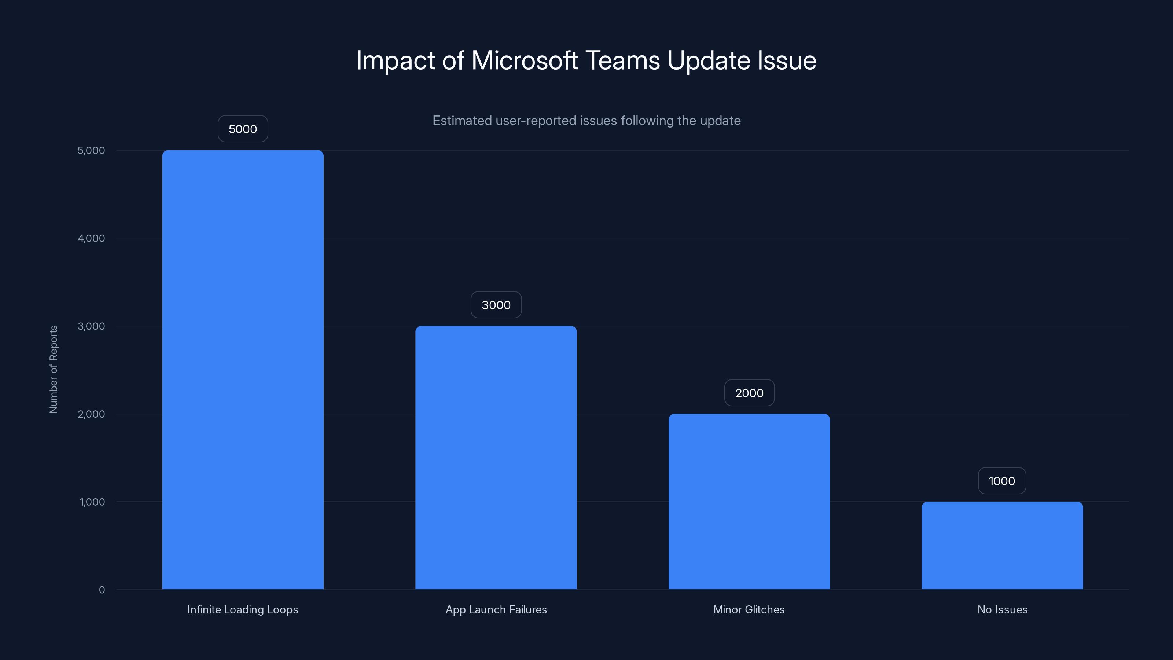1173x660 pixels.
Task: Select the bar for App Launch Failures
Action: (x=496, y=457)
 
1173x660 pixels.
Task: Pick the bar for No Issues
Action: (x=1002, y=545)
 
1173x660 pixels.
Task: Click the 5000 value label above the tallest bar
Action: (x=243, y=129)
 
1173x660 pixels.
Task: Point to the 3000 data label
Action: (x=496, y=305)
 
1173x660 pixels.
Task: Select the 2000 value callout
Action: (x=749, y=393)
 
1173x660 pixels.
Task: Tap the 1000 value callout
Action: (x=1002, y=481)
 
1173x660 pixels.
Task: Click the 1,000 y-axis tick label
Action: (x=92, y=502)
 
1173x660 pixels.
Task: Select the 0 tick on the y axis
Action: (x=102, y=590)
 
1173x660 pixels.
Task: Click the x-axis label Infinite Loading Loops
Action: (x=243, y=609)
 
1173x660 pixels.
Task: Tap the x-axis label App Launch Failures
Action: (x=496, y=609)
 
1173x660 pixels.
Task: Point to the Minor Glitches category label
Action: (x=749, y=609)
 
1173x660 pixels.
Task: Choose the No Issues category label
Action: (x=1002, y=609)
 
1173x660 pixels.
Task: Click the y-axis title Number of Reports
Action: (x=53, y=369)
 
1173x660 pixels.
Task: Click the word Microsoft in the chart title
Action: (x=525, y=60)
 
